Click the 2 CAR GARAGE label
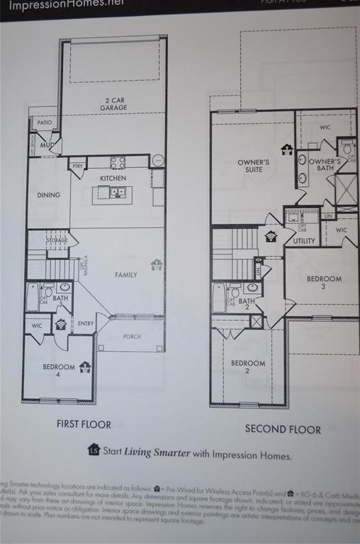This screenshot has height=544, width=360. (x=113, y=105)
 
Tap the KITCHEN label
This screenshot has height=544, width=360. (x=113, y=178)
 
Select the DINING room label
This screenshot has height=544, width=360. (x=49, y=195)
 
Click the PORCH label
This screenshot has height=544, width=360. (x=132, y=336)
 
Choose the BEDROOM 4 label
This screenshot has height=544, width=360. (x=58, y=370)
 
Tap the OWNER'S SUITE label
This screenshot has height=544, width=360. (x=253, y=166)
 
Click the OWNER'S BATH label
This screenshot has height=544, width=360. (x=325, y=165)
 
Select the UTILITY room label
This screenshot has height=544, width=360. (x=304, y=242)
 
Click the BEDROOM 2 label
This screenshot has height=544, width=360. (x=249, y=367)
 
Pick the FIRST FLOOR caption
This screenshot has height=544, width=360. (x=84, y=424)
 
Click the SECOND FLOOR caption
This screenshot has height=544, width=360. (x=283, y=429)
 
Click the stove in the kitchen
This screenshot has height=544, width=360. (x=118, y=162)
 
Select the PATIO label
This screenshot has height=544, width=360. (x=45, y=123)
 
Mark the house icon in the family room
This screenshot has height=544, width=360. (x=157, y=264)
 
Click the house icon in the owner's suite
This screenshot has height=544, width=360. (x=287, y=149)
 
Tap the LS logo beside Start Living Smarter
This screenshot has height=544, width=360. (x=94, y=449)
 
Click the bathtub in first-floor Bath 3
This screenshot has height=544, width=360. (x=32, y=297)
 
